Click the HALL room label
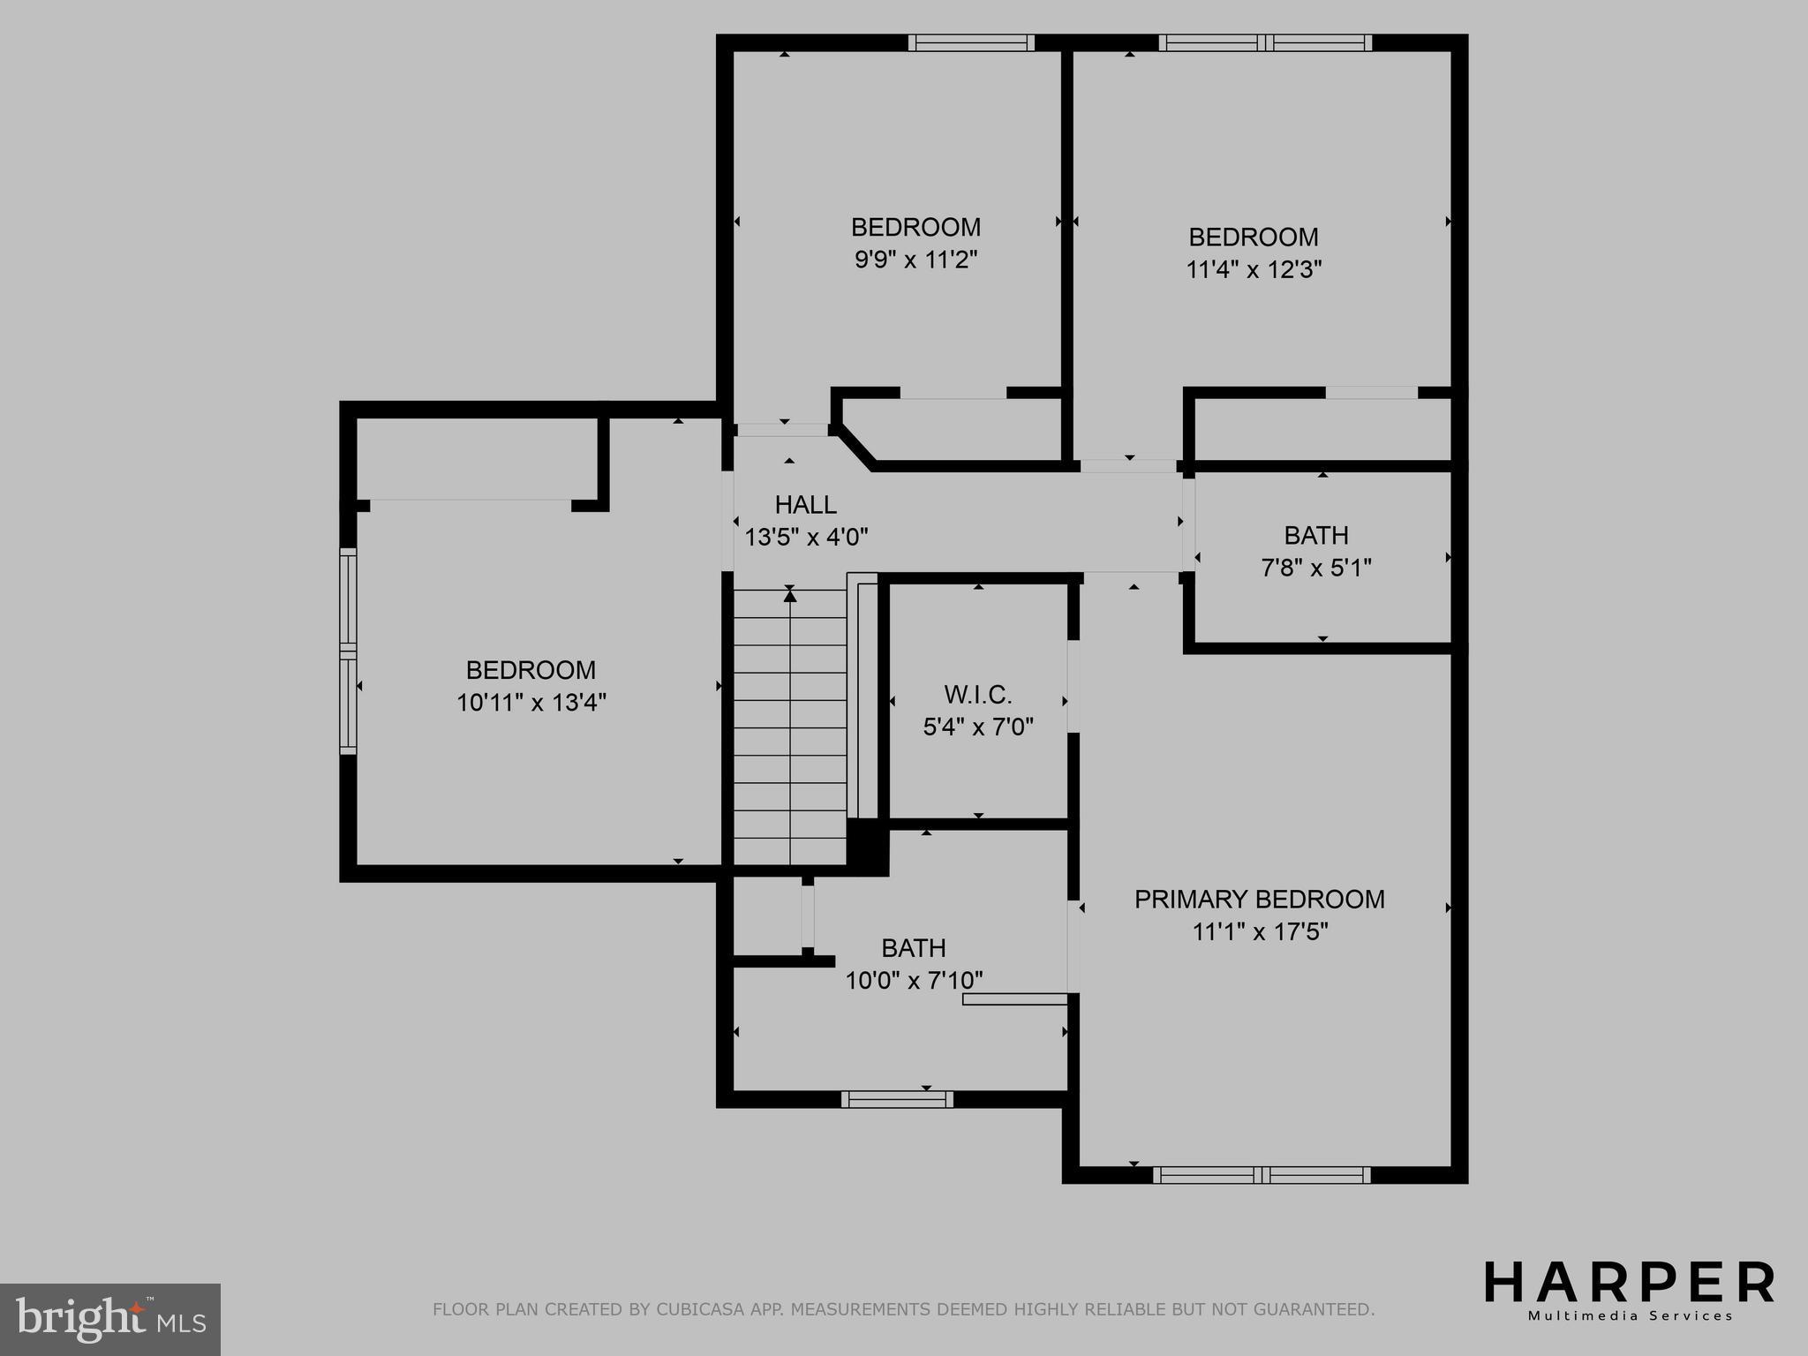805,505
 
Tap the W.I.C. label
977,695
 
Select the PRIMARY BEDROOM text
1259,900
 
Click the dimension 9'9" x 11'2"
915,260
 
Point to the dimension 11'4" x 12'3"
1253,269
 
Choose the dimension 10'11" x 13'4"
531,703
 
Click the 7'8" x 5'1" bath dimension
1315,568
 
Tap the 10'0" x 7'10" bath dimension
914,981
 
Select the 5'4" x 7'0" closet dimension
977,727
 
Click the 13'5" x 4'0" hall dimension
806,537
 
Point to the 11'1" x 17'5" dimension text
1259,932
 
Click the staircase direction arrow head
790,597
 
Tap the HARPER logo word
1629,1283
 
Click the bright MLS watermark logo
109,1319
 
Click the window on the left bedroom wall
349,651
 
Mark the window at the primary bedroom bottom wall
1262,1174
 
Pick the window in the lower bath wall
897,1099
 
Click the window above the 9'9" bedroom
971,42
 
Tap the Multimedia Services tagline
1631,1316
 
